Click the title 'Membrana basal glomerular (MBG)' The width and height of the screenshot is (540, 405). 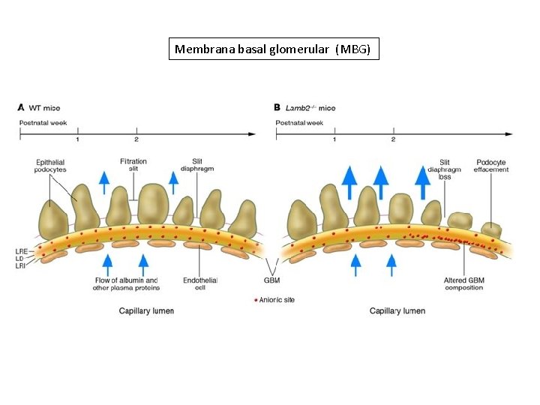coord(273,49)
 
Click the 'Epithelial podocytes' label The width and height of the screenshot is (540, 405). coord(50,166)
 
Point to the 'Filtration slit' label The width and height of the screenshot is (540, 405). coord(133,165)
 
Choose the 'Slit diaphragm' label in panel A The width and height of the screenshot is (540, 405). coord(196,165)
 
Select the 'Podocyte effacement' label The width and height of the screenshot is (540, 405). coord(491,166)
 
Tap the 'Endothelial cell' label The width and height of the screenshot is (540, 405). coord(200,283)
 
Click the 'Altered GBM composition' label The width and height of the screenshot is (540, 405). coord(465,283)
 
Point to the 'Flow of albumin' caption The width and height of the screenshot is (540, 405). coord(125,283)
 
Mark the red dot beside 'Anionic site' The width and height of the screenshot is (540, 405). coord(255,299)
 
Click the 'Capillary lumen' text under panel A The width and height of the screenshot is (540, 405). coord(146,310)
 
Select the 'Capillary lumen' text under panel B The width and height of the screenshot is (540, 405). coord(397,310)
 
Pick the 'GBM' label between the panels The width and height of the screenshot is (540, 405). coord(271,280)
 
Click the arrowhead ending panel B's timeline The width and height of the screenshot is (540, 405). coord(509,134)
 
